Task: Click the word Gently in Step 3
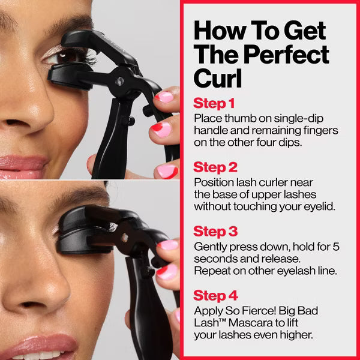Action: [210, 246]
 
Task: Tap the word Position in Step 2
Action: [213, 181]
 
